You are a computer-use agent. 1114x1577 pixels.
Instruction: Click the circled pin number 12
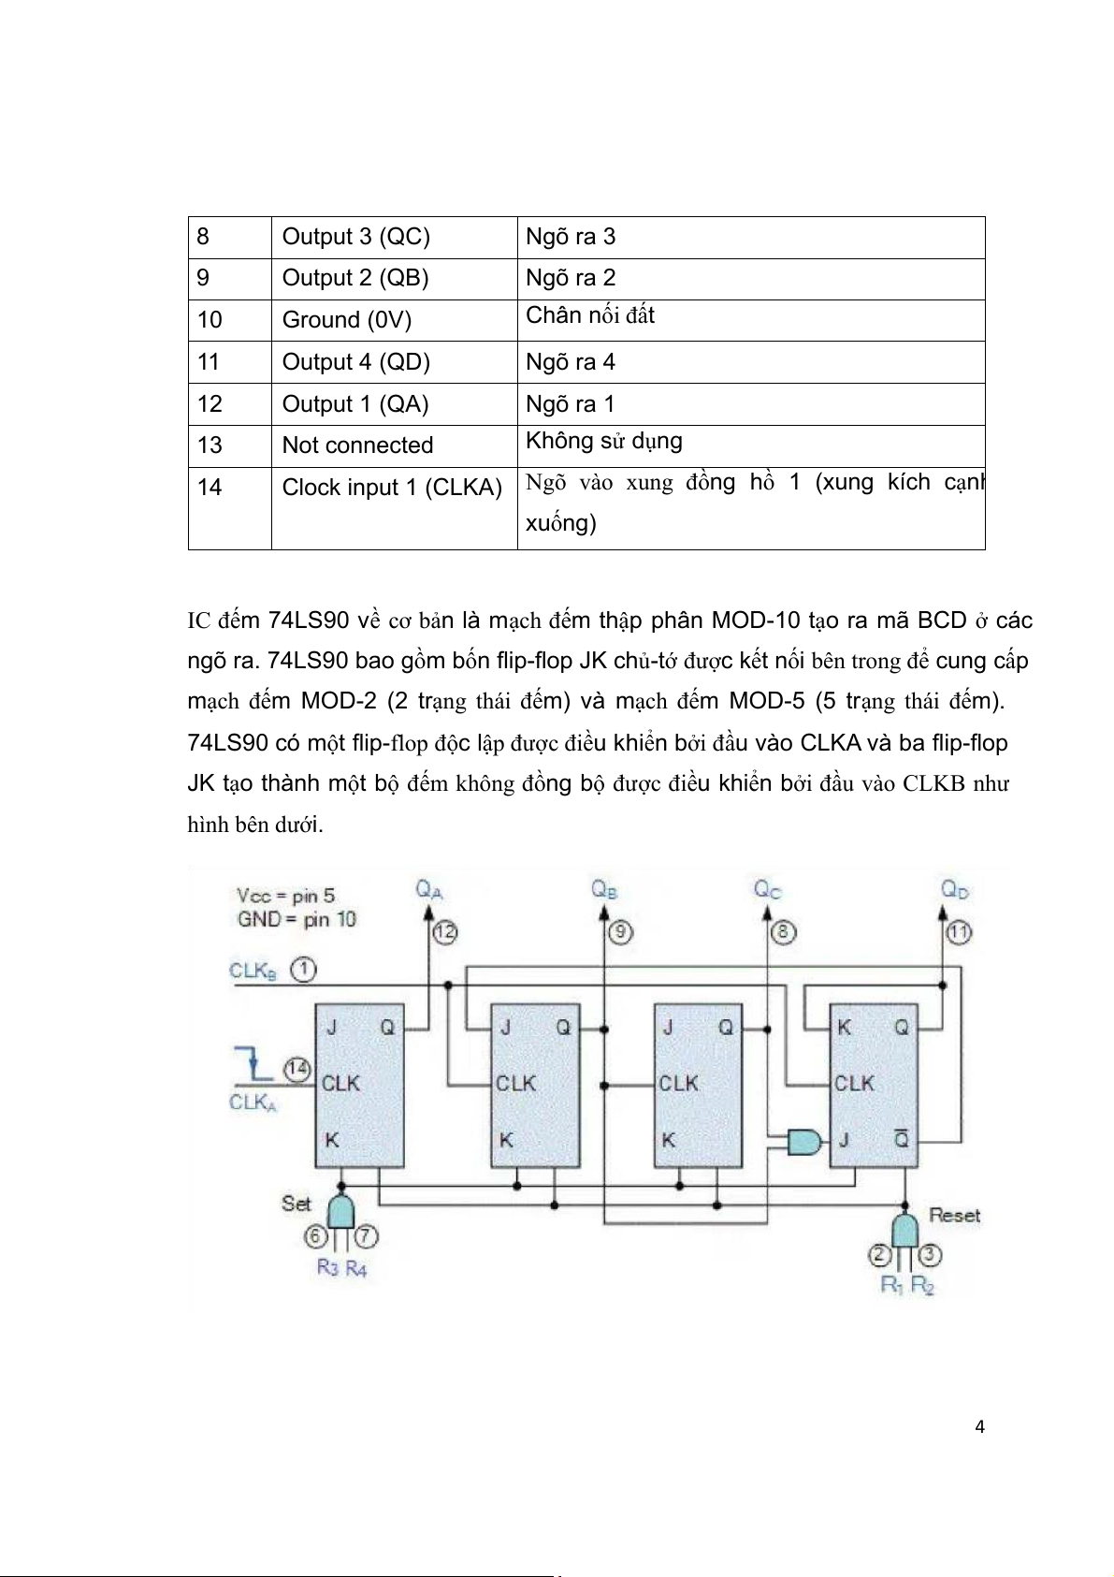pyautogui.click(x=444, y=932)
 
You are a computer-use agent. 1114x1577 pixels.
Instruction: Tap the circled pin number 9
pyautogui.click(x=620, y=932)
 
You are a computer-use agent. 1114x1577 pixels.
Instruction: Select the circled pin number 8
pyautogui.click(x=783, y=932)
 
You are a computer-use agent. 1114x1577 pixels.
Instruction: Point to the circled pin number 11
pyautogui.click(x=959, y=932)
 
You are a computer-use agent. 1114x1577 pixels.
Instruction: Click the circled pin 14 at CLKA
pyautogui.click(x=298, y=1070)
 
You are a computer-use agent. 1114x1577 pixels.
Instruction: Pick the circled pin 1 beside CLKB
pyautogui.click(x=302, y=970)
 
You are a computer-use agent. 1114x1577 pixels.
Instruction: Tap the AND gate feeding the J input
pyautogui.click(x=804, y=1141)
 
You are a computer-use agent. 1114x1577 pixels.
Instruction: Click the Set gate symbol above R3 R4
pyautogui.click(x=341, y=1211)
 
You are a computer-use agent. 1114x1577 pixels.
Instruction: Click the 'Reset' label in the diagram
pyautogui.click(x=954, y=1216)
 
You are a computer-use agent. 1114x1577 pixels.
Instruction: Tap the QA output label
pyautogui.click(x=428, y=888)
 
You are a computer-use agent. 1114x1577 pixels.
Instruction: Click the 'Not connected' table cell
pyautogui.click(x=357, y=445)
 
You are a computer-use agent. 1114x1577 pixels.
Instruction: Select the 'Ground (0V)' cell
pyautogui.click(x=346, y=320)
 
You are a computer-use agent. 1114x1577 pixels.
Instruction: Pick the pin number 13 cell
pyautogui.click(x=210, y=445)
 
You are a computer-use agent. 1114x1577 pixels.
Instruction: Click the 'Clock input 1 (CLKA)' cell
pyautogui.click(x=392, y=488)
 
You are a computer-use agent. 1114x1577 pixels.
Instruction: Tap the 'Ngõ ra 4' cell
pyautogui.click(x=571, y=362)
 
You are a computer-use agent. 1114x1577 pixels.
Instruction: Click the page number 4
pyautogui.click(x=979, y=1427)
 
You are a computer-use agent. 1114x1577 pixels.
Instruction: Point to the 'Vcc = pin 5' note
pyautogui.click(x=285, y=895)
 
